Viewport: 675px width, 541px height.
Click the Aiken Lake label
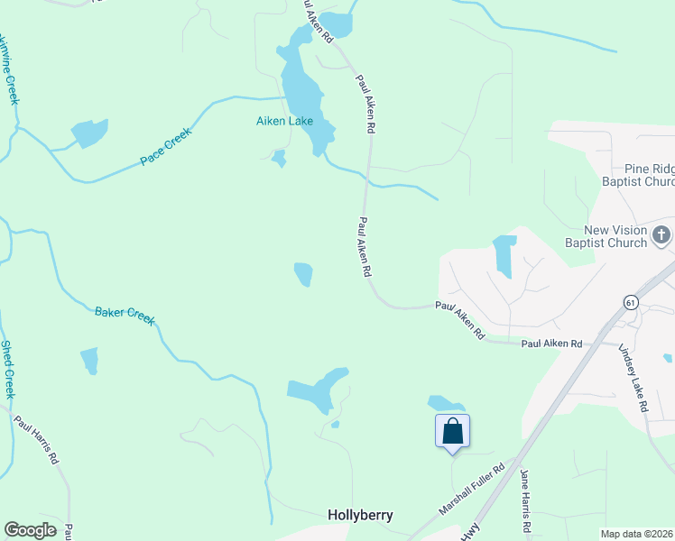287,121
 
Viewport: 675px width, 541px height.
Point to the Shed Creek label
8,369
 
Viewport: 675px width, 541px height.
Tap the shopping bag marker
452,431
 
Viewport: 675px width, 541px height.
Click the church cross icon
661,235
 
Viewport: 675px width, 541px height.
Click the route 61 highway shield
630,302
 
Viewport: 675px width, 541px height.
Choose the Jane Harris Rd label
523,500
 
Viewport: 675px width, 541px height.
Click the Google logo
30,530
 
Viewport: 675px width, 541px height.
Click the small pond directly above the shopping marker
446,403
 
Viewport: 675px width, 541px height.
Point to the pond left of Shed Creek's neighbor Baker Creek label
89,360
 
